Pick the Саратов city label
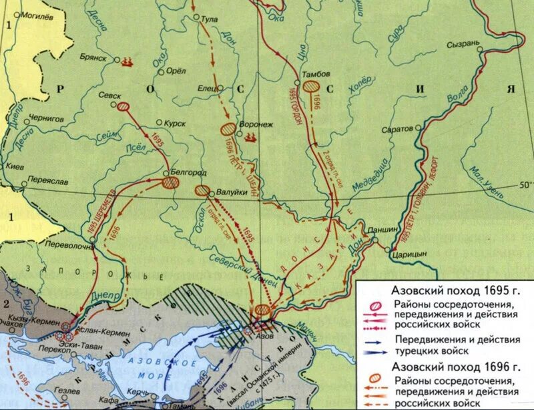coord(398,130)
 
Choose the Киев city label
coord(14,166)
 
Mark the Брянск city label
coord(94,57)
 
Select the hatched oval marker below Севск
coord(123,106)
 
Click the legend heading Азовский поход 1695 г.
coord(445,290)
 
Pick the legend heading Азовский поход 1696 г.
coord(445,367)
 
